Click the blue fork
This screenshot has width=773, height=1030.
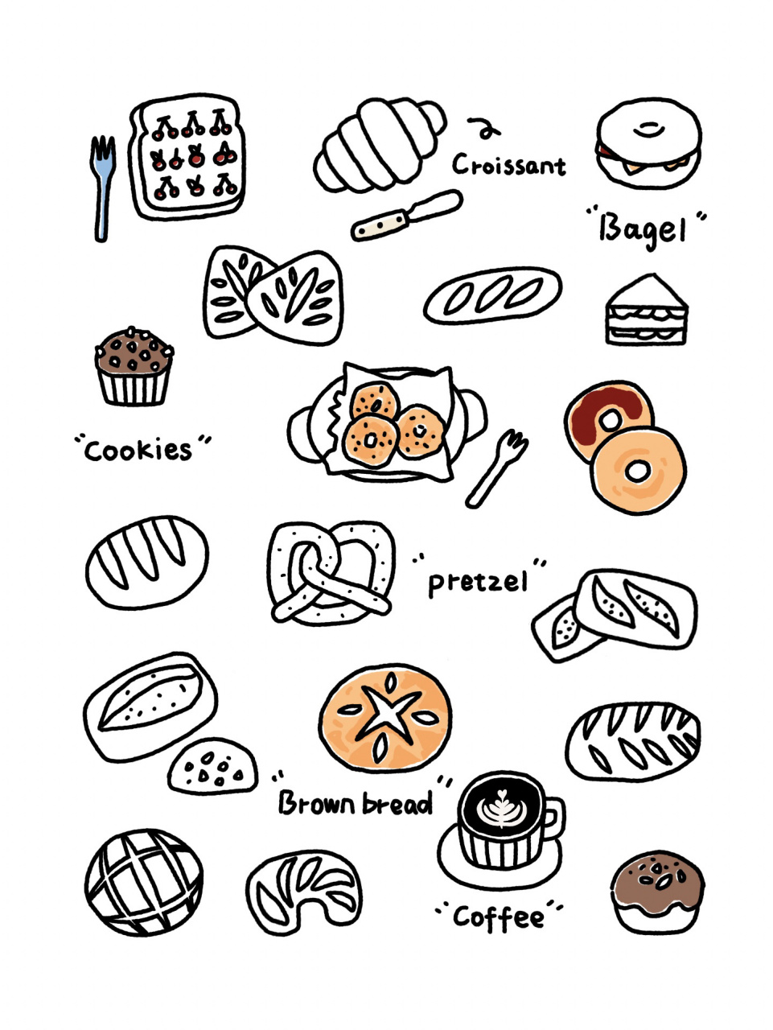(102, 187)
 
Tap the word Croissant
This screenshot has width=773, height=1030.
(509, 165)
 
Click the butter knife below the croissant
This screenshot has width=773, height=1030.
(407, 216)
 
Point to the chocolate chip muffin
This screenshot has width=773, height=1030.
(134, 366)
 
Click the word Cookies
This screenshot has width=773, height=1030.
(138, 450)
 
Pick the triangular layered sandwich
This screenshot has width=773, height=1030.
(647, 311)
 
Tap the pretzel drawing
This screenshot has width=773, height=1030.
(331, 574)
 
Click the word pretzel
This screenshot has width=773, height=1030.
(478, 583)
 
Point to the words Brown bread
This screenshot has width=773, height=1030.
(355, 804)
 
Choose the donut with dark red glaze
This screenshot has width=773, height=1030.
(608, 418)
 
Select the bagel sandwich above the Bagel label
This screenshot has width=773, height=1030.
(648, 142)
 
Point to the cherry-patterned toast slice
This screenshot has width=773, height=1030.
(187, 157)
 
